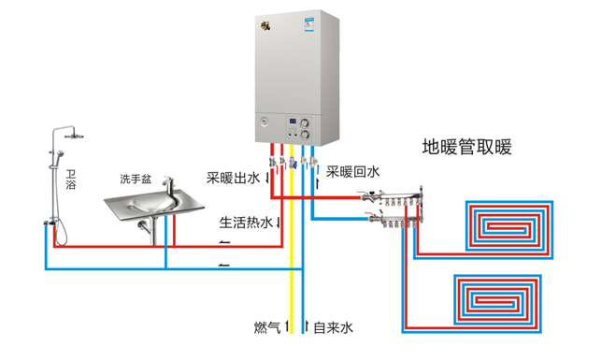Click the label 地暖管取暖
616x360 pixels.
click(x=466, y=148)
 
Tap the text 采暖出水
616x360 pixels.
click(x=233, y=178)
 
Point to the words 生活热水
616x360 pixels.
click(x=245, y=223)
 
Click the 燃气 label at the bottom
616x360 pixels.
click(x=267, y=327)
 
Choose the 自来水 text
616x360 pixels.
click(x=334, y=327)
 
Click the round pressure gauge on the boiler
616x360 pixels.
click(x=266, y=122)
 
